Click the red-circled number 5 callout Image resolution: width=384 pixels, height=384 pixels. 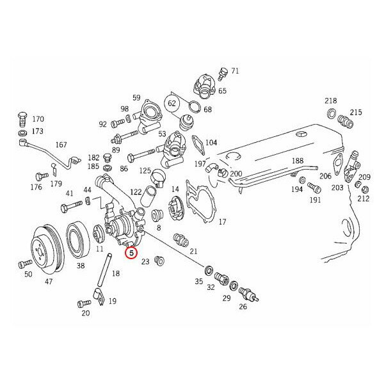[131, 253]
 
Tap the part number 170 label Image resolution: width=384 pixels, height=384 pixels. [38, 119]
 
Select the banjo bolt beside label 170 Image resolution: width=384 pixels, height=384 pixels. [22, 120]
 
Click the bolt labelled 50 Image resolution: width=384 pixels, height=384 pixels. [25, 264]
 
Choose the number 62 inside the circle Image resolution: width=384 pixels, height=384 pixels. [172, 103]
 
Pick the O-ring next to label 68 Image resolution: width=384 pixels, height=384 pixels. [195, 107]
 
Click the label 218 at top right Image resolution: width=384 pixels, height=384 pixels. [331, 100]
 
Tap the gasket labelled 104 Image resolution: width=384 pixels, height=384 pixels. [198, 145]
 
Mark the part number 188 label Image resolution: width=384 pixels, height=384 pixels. [298, 161]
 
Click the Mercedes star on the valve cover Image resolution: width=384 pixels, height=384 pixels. [300, 134]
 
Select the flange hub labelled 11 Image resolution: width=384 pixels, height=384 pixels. [99, 234]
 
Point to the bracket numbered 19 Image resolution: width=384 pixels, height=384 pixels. [99, 296]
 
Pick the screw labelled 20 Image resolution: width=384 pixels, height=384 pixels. [84, 304]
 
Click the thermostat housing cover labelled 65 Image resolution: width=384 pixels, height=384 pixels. [204, 86]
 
